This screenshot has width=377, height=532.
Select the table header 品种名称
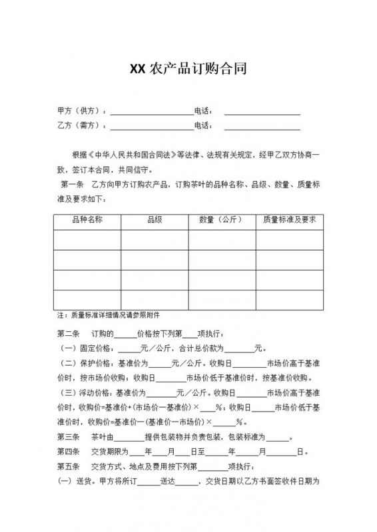[87, 219]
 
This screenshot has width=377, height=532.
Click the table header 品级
[155, 219]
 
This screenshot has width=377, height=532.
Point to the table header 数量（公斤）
[222, 219]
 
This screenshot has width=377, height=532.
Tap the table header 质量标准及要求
[290, 219]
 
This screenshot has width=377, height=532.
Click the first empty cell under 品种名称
[87, 239]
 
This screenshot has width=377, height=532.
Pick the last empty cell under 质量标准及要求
[290, 299]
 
